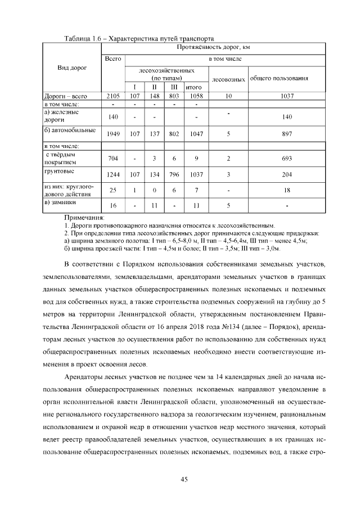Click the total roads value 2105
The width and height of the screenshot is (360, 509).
point(113,96)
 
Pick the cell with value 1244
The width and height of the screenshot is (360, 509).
point(113,175)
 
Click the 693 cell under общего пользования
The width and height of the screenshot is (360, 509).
point(286,159)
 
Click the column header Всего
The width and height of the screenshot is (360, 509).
point(113,58)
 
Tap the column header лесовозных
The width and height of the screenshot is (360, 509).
point(228,79)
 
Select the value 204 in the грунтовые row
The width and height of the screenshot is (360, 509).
point(286,175)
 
